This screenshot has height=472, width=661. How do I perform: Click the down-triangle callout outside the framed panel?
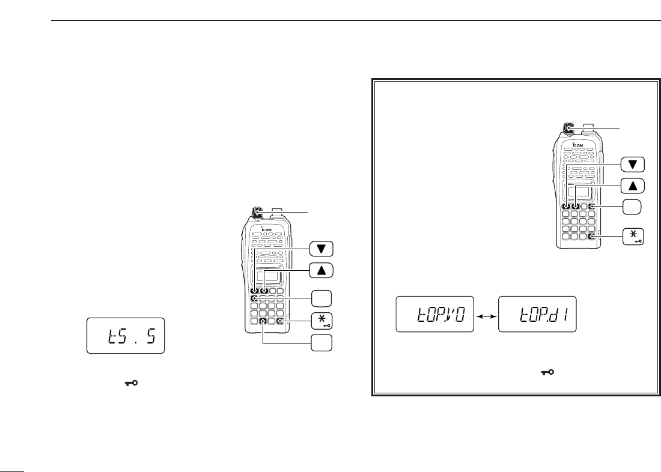(322, 249)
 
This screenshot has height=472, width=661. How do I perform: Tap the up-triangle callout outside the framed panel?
(322, 271)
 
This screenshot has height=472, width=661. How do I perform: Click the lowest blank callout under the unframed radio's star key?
(322, 343)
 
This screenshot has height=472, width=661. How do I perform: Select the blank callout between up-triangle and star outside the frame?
(322, 297)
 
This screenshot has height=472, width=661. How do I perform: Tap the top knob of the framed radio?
(568, 127)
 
